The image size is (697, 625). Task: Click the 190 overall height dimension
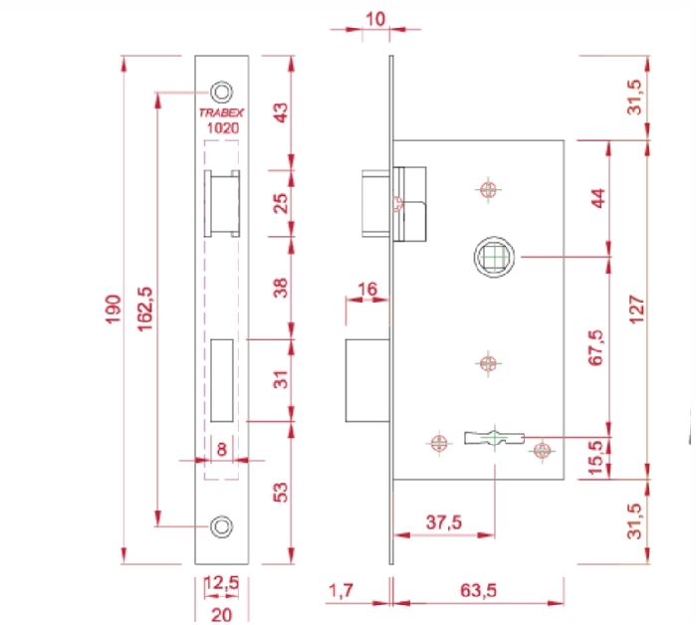114,310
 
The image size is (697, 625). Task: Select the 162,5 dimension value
145,310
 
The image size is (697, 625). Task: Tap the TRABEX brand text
221,112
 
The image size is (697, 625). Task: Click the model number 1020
223,128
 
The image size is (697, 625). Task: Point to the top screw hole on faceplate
221,93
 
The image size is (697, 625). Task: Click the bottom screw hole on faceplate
221,526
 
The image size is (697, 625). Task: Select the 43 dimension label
281,112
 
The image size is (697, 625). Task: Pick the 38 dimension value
281,288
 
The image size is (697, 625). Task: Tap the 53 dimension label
281,493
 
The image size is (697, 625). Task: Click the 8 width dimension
222,450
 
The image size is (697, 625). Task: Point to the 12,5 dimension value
222,582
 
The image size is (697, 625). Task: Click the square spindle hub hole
494,257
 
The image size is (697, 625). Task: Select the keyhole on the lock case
494,438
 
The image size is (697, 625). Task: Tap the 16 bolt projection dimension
367,290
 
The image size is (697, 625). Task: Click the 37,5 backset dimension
444,522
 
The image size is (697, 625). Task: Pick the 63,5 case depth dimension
478,591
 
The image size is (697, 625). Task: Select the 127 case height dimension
637,310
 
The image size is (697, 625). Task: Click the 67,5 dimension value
596,347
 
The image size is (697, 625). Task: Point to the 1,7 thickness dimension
341,591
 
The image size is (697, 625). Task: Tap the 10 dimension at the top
375,19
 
